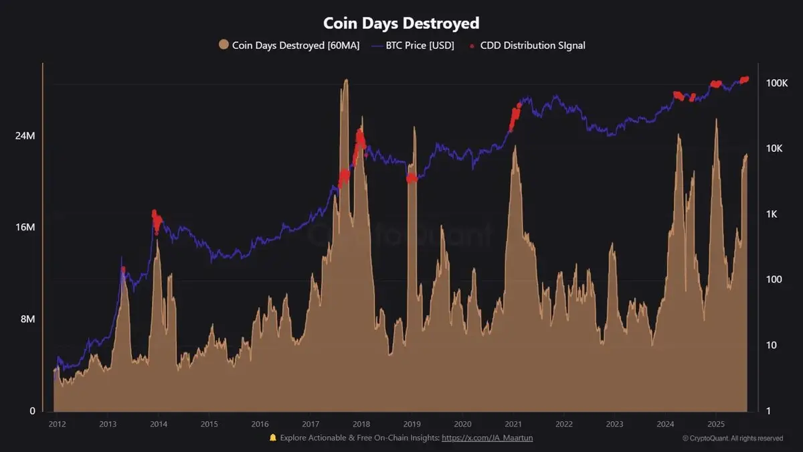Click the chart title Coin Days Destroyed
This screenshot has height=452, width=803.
(401, 23)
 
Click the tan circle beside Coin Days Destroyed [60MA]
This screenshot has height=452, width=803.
(224, 46)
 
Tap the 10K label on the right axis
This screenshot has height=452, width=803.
(774, 149)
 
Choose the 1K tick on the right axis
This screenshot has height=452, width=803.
(772, 214)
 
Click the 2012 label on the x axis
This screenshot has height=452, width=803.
(57, 424)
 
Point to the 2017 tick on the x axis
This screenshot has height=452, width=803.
(310, 424)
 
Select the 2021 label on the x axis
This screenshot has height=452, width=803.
(513, 424)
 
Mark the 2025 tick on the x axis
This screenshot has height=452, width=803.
(716, 424)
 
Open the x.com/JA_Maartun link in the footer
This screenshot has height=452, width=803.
(487, 438)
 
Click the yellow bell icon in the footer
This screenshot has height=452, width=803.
(272, 438)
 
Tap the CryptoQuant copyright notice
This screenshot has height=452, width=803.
(733, 439)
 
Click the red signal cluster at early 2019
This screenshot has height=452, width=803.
(412, 178)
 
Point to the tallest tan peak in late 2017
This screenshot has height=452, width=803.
(345, 82)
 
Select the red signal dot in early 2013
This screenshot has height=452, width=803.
(123, 269)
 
